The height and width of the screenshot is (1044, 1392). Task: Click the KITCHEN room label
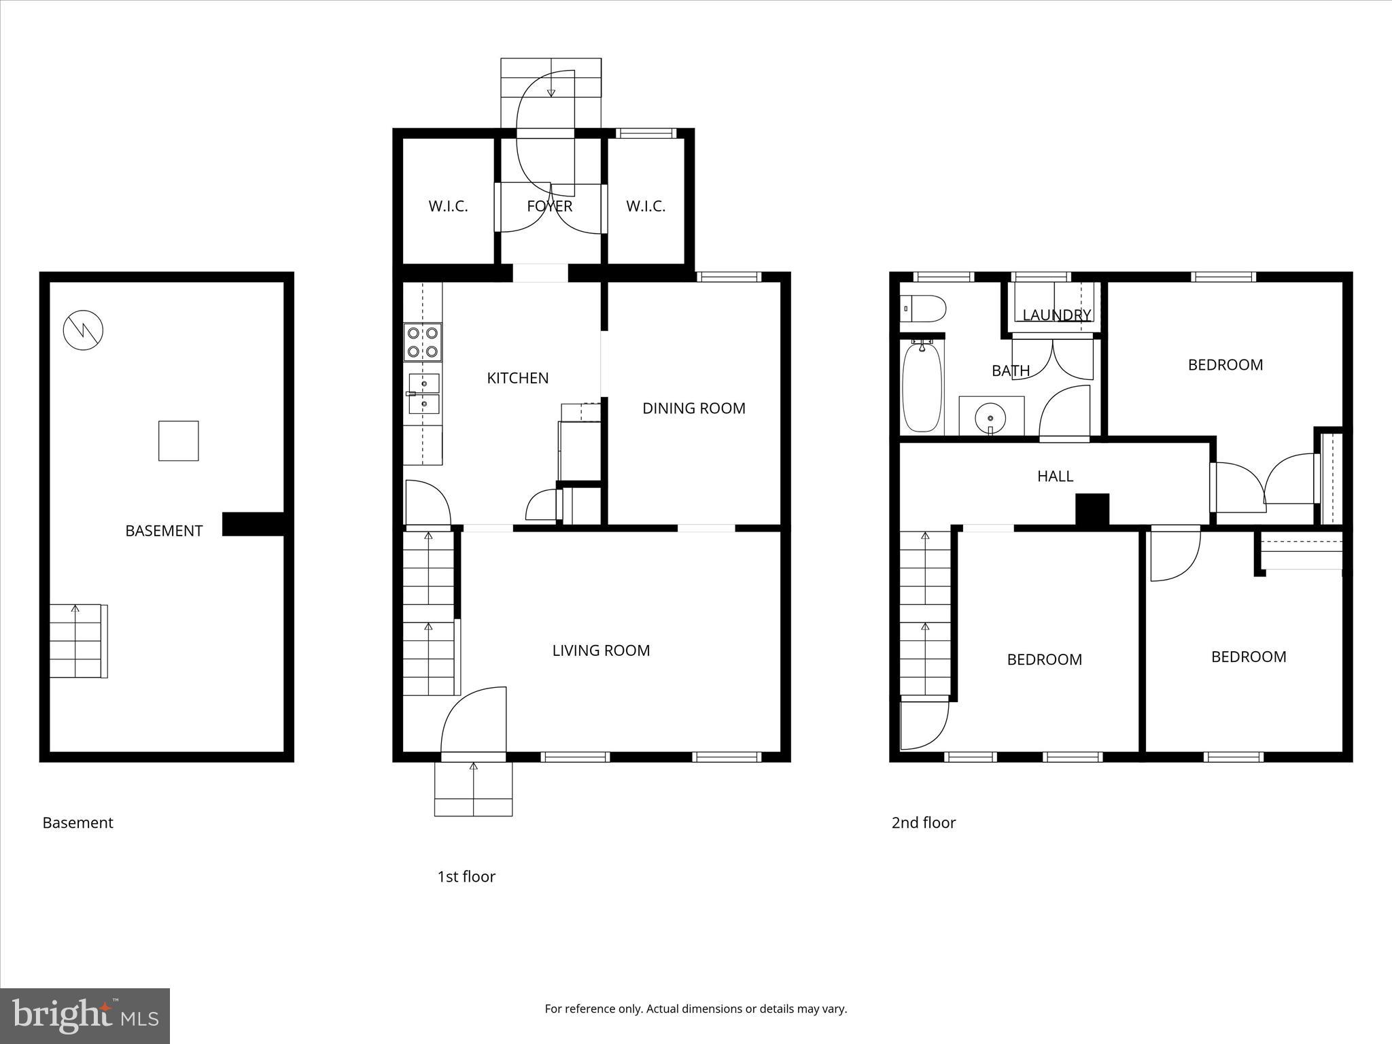[517, 378]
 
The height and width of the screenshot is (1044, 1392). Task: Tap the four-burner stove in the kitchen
[422, 342]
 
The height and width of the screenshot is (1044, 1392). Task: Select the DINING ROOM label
[693, 408]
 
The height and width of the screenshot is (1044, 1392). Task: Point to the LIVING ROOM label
[601, 650]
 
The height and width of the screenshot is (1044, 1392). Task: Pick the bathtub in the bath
[922, 387]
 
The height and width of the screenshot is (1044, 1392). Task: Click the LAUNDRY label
[1056, 315]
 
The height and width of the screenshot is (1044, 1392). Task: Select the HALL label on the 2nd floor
[1055, 476]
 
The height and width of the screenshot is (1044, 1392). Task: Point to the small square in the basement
[179, 440]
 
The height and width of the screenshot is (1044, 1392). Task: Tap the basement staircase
[77, 641]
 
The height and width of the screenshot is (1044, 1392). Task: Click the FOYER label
[549, 206]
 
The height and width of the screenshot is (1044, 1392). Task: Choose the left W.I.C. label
[448, 206]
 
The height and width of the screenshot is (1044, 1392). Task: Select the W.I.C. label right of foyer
[645, 206]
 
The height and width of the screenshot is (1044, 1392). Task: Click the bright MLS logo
[85, 1015]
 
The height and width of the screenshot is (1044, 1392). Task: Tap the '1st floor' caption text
[466, 876]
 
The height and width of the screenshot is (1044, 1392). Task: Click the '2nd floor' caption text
[923, 822]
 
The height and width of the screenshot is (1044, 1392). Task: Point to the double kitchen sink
[423, 394]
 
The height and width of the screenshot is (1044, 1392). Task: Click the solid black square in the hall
[1092, 509]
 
